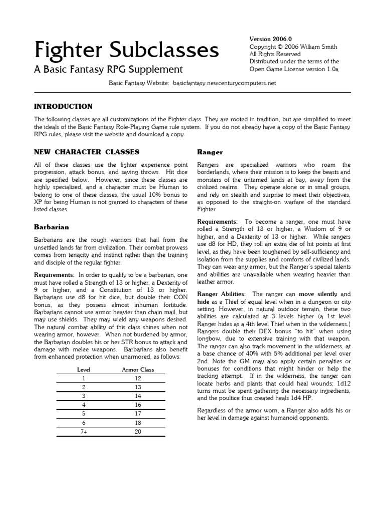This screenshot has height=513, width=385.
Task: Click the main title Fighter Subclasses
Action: point(126,50)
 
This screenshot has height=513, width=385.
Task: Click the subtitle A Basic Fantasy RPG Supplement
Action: point(108,70)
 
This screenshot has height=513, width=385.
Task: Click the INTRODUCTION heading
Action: point(63,106)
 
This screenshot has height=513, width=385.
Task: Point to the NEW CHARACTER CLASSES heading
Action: point(86,151)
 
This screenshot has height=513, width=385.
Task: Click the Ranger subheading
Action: point(210,152)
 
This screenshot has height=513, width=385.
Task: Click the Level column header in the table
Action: point(83,369)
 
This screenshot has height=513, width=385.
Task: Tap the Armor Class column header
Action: point(138,369)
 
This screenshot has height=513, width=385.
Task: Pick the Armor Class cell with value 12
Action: point(138,379)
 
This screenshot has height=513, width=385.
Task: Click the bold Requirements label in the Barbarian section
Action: point(53,275)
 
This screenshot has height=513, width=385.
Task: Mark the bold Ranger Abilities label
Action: point(221,294)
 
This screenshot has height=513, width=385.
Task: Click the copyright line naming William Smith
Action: point(293,47)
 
